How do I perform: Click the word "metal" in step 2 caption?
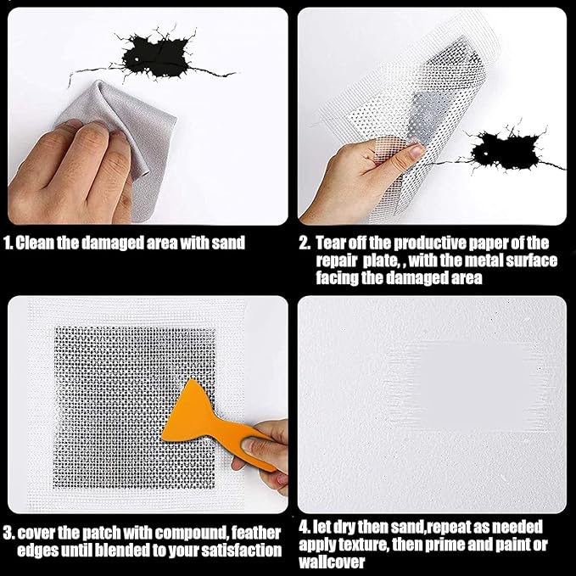click(484, 260)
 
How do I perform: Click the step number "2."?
click(305, 243)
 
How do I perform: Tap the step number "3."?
click(8, 533)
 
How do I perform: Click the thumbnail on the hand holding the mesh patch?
click(417, 151)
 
